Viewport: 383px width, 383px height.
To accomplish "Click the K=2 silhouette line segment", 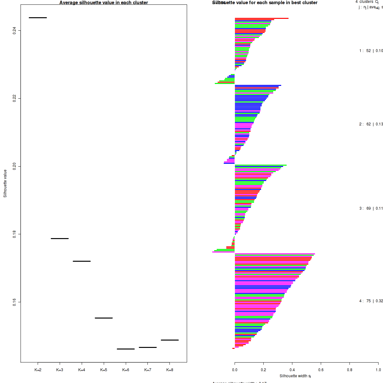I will pyautogui.click(x=38, y=18).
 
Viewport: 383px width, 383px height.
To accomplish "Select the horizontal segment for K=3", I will pyautogui.click(x=60, y=238).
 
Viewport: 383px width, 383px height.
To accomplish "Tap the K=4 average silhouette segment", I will pyautogui.click(x=82, y=261).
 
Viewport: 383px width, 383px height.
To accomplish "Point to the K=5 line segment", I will pyautogui.click(x=104, y=318).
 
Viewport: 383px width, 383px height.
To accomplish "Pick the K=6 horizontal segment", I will pyautogui.click(x=126, y=349).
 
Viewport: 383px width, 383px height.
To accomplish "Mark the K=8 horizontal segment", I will pyautogui.click(x=169, y=340).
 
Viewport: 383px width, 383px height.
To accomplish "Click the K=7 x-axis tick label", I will pyautogui.click(x=147, y=370).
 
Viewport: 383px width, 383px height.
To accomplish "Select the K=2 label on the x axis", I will pyautogui.click(x=38, y=370).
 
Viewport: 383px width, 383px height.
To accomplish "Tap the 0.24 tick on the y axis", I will pyautogui.click(x=14, y=31).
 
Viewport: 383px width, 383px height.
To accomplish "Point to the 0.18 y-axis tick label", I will pyautogui.click(x=14, y=234).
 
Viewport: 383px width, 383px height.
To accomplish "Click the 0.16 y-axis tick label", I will pyautogui.click(x=14, y=302).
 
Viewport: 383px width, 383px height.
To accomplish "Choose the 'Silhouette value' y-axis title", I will pyautogui.click(x=5, y=183).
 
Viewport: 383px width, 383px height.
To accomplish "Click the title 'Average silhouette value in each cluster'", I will pyautogui.click(x=104, y=3).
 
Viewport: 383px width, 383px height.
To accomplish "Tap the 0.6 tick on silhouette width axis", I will pyautogui.click(x=321, y=370).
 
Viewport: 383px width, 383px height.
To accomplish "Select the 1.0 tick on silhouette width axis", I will pyautogui.click(x=378, y=370).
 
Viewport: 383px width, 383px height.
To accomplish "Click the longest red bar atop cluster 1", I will pyautogui.click(x=262, y=18).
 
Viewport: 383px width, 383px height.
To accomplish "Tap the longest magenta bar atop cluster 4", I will pyautogui.click(x=275, y=254).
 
